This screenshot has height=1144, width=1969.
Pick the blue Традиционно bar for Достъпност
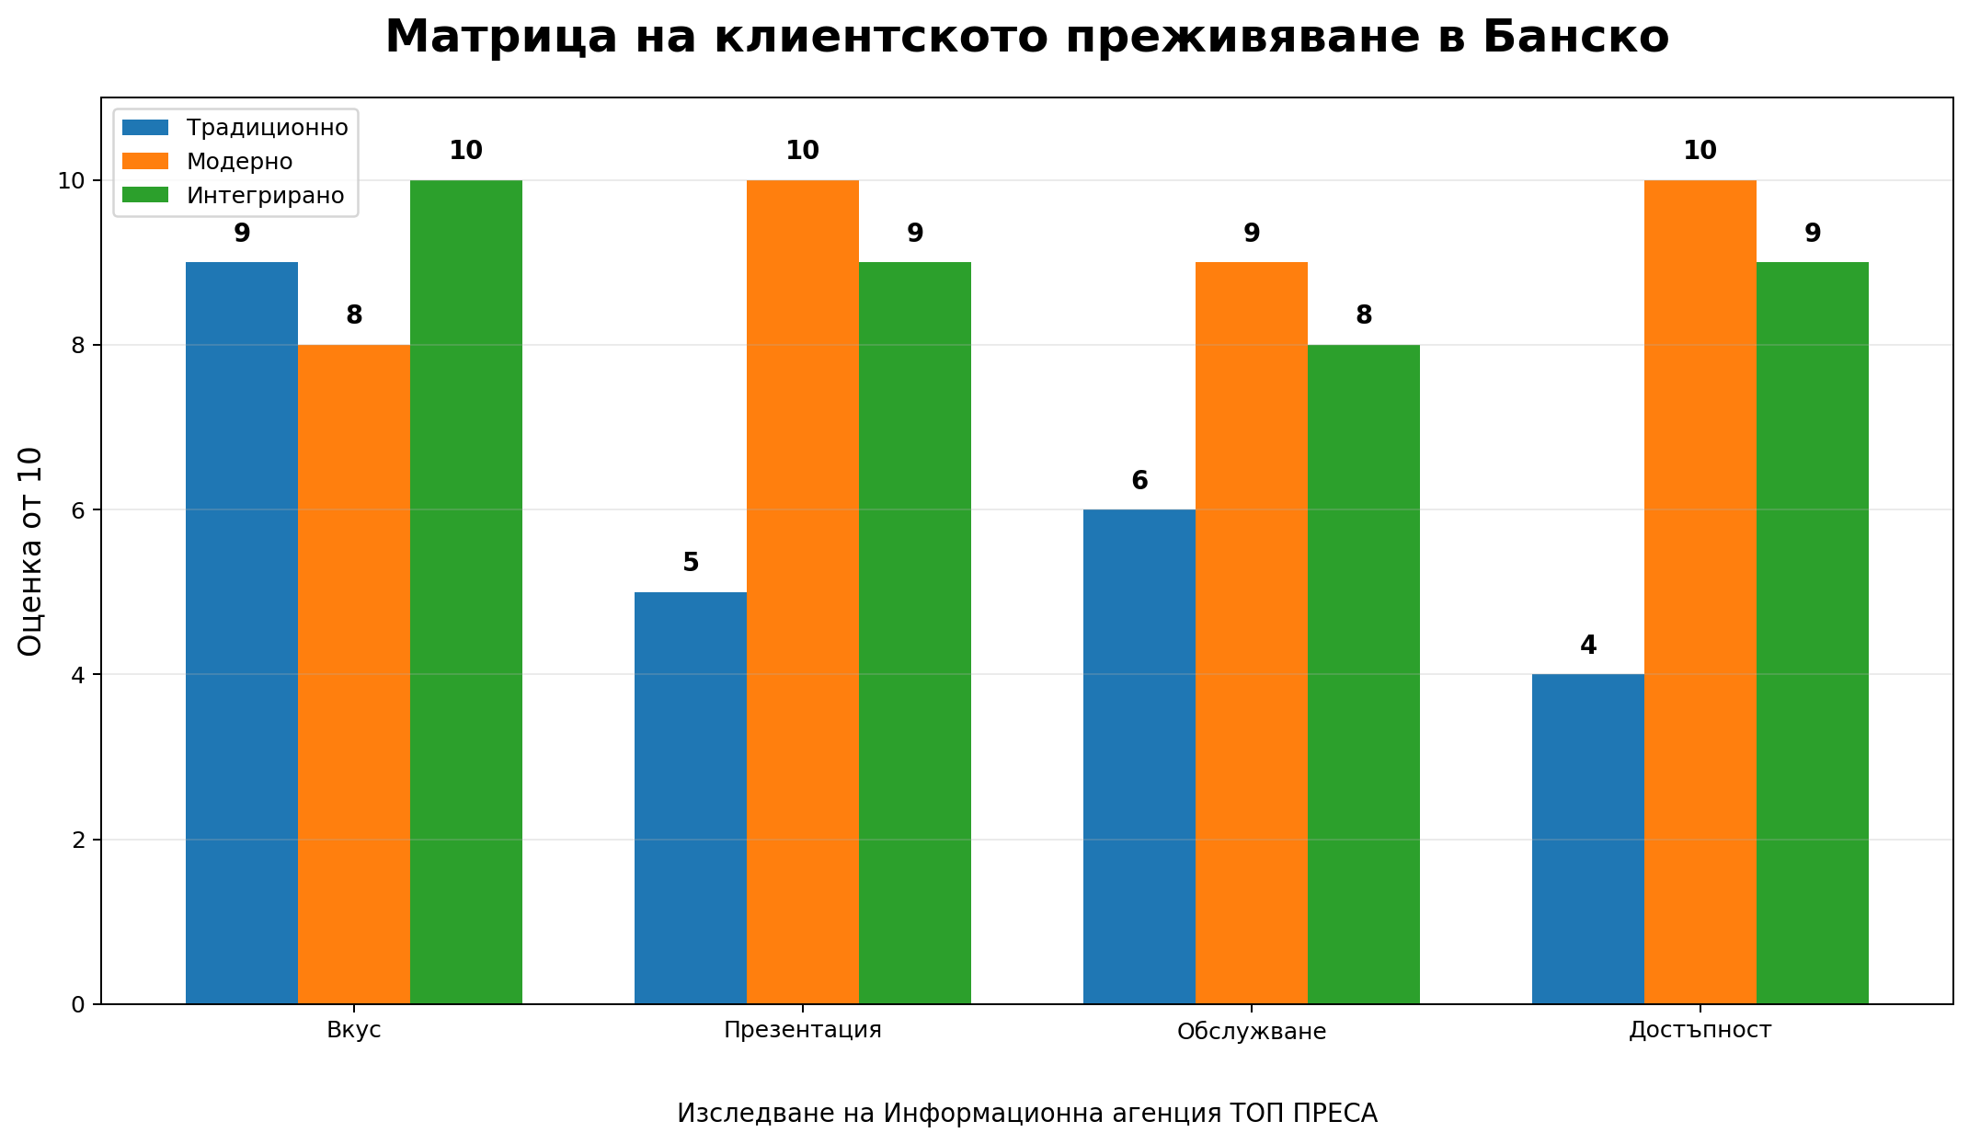[1588, 839]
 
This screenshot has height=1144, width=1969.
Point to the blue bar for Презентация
[691, 797]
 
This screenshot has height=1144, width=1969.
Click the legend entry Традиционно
[267, 127]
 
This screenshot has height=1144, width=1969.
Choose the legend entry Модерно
[239, 161]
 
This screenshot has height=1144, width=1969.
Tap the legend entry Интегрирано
[265, 196]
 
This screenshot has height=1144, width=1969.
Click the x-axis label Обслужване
[1252, 1032]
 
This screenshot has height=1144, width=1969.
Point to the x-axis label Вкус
[354, 1030]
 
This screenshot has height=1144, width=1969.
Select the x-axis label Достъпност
[1700, 1030]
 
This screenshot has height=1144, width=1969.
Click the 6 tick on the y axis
[78, 510]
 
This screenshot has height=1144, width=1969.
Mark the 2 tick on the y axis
[78, 840]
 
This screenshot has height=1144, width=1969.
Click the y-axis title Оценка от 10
[30, 551]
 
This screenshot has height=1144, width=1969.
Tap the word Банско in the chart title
[1575, 38]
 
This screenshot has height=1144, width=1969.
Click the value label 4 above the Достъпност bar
[1588, 646]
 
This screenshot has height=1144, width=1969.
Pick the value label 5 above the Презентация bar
[691, 563]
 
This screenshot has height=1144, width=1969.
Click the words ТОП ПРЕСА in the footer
[1304, 1114]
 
